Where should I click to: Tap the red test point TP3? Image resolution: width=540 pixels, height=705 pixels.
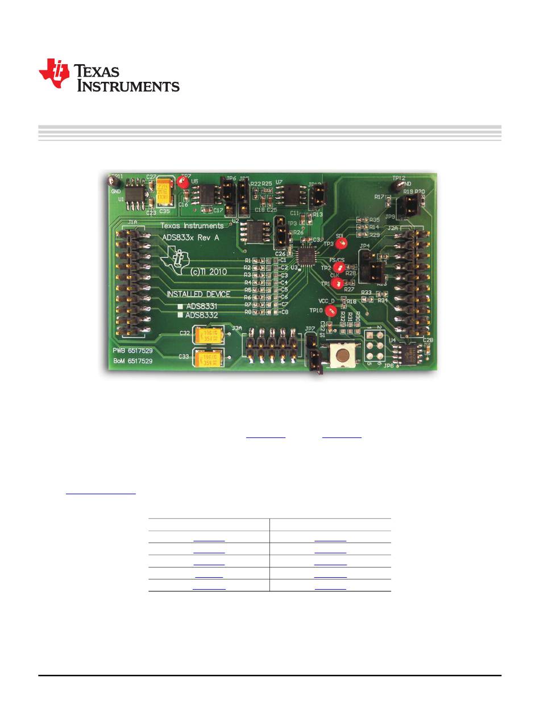pos(342,244)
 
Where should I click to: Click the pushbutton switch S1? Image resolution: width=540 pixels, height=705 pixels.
pos(343,355)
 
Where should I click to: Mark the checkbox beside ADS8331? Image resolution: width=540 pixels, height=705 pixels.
pos(180,306)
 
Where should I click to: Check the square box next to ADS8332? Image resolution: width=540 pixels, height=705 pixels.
pos(180,314)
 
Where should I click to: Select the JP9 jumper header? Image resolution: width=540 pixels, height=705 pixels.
pos(406,210)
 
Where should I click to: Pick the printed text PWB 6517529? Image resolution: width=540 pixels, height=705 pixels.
pos(132,351)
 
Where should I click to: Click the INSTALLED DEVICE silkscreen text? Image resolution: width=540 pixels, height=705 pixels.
pos(198,294)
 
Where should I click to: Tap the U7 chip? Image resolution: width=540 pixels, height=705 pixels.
pos(287,194)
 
